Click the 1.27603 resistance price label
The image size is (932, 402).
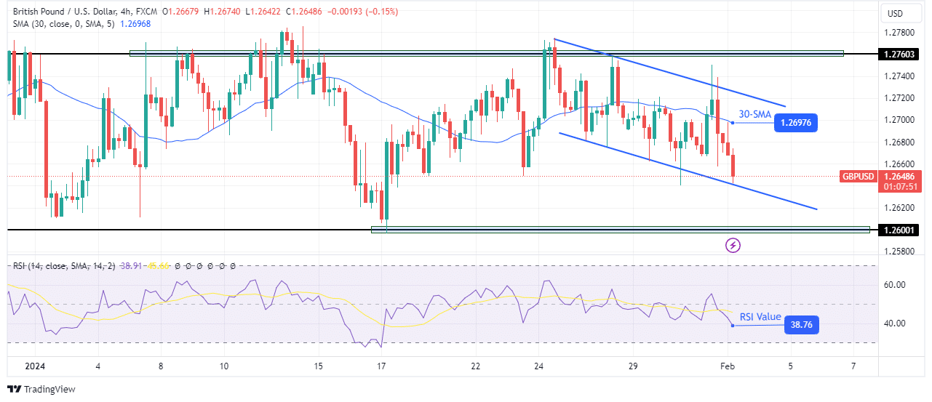899,54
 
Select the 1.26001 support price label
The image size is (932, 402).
899,230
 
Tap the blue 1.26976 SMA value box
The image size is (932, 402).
796,122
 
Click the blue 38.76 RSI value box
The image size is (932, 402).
802,325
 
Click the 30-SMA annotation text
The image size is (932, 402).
754,114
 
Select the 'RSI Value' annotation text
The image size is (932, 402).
760,317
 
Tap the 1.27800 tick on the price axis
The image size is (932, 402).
899,33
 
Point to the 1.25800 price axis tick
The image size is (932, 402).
899,252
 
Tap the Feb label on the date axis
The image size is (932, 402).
728,366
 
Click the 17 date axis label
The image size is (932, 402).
381,366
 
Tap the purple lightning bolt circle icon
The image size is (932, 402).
733,245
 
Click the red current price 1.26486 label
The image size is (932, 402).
899,177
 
